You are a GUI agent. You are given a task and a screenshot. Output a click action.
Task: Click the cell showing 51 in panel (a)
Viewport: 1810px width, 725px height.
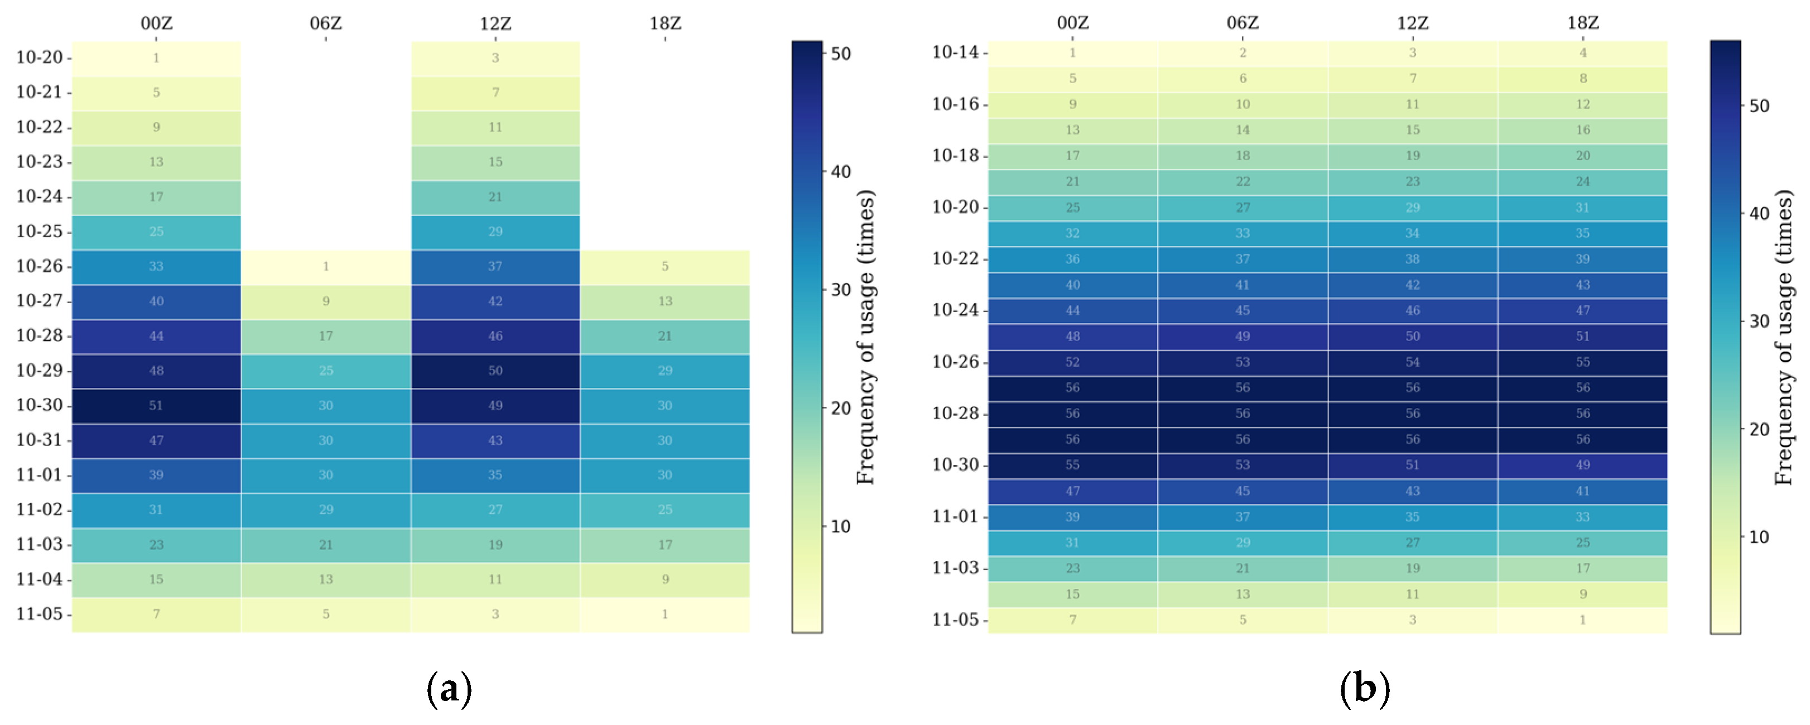point(156,405)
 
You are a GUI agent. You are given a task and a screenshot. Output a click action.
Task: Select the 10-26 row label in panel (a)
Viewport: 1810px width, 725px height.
point(40,266)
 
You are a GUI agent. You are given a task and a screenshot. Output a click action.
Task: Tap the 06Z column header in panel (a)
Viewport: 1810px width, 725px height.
point(325,23)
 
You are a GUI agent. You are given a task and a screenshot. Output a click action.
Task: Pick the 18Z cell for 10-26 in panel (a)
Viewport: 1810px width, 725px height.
point(665,266)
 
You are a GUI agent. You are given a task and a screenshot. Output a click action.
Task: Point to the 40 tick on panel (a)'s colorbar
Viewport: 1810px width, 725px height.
point(841,172)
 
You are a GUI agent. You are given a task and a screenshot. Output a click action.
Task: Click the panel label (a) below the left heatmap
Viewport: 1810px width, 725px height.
point(449,689)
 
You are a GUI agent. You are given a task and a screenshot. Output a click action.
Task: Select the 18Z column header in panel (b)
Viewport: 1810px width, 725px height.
point(1582,23)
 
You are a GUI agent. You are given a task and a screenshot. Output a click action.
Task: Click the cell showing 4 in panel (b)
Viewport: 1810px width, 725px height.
point(1582,52)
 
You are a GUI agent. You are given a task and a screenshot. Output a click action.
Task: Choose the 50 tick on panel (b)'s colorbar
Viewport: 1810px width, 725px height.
point(1759,106)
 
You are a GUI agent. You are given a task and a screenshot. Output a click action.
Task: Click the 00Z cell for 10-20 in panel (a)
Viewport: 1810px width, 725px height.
point(156,57)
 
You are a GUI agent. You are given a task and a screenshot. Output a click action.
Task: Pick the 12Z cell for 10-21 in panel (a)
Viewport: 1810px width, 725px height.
point(495,93)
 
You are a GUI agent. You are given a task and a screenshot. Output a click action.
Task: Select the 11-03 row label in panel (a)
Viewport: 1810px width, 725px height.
point(40,545)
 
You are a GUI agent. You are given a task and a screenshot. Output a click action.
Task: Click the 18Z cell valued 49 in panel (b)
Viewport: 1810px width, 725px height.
point(1582,465)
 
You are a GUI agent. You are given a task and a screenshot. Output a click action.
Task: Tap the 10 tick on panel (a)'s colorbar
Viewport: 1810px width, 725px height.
point(841,527)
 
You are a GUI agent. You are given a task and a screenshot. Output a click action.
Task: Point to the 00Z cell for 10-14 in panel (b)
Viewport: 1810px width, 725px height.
point(1072,52)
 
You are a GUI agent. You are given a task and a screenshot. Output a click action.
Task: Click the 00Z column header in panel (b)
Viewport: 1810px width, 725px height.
point(1072,23)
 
